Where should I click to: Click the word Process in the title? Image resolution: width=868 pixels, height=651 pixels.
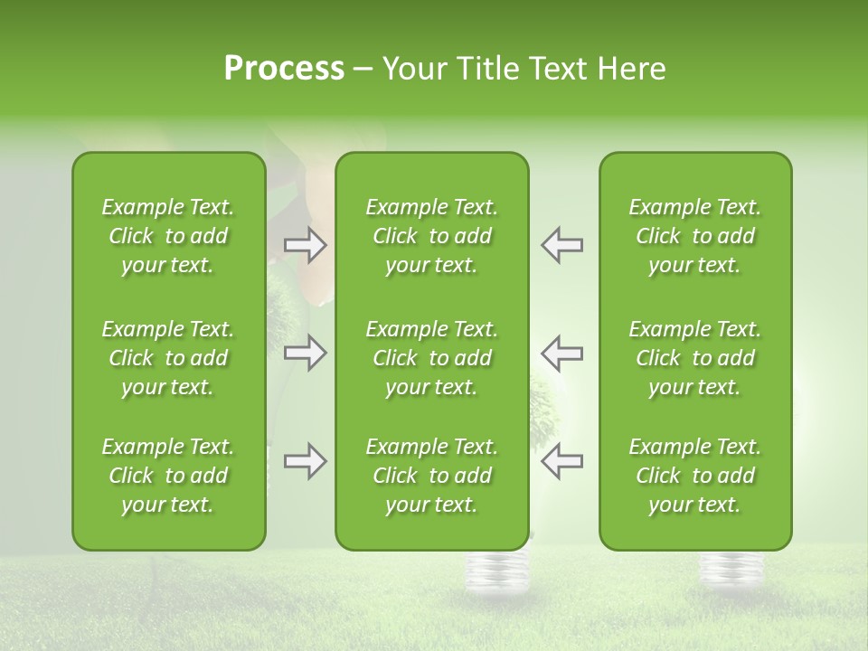tap(284, 69)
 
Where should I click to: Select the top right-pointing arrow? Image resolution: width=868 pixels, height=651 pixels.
tap(306, 245)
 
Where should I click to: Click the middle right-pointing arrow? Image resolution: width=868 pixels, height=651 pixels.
tap(306, 353)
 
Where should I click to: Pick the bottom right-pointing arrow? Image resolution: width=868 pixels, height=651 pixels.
tap(306, 461)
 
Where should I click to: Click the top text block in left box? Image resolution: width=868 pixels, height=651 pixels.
tap(168, 236)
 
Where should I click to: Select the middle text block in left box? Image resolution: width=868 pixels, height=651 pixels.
tap(168, 358)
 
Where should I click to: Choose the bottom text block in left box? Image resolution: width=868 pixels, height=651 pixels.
tap(168, 476)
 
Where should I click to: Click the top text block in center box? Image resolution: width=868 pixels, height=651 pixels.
tap(432, 236)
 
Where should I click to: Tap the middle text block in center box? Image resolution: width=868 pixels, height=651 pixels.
tap(432, 358)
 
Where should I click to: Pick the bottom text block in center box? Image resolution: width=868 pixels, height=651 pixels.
tap(432, 476)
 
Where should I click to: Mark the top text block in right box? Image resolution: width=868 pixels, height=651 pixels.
tap(695, 236)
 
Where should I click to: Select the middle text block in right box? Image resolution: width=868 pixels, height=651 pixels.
tap(695, 358)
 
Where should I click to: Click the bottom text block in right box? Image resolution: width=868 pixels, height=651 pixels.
tap(695, 476)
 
